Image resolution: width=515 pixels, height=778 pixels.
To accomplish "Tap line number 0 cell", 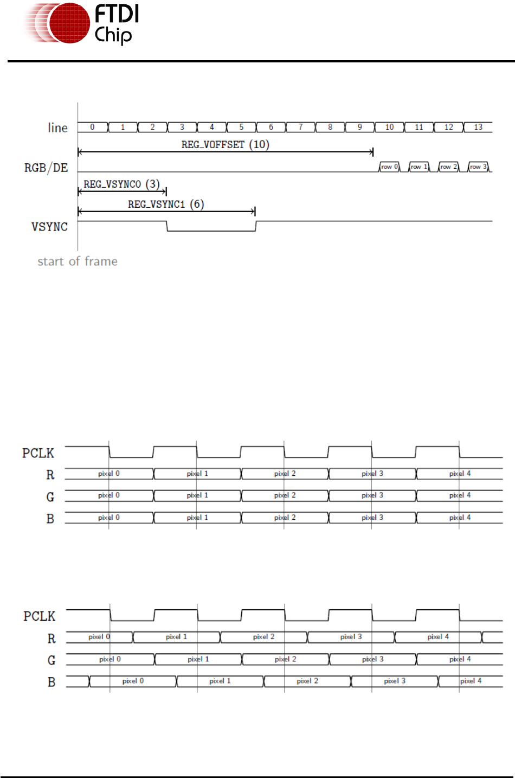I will [92, 127].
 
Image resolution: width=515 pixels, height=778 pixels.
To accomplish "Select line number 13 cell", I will [478, 127].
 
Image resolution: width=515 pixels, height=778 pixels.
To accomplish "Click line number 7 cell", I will [300, 127].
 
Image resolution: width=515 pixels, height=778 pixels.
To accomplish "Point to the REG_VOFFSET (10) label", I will [225, 144].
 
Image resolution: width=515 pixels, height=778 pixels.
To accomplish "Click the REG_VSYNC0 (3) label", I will [121, 184].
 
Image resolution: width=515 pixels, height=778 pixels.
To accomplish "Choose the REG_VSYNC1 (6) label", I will [166, 204].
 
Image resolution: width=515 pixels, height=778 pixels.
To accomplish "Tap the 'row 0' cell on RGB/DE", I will [389, 167].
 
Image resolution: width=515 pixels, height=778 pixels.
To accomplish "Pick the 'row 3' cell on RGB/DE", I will [478, 167].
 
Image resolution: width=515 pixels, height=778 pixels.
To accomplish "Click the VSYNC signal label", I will [49, 227].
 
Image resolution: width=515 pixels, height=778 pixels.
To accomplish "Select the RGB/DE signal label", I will [46, 168].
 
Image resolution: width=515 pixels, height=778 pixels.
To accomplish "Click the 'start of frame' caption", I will [78, 262].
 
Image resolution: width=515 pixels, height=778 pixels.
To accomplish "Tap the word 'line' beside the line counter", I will [57, 127].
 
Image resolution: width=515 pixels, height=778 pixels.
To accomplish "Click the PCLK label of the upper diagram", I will [38, 453].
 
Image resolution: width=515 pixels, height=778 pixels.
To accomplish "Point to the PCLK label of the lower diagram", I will [39, 616].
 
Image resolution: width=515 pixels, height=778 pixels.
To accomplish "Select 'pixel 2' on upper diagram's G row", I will [285, 495].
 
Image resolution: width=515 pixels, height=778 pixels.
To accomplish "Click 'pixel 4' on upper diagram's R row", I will [460, 474].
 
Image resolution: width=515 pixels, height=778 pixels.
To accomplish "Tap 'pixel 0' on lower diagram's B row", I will [133, 681].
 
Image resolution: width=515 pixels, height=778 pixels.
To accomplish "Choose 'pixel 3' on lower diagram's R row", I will [351, 637].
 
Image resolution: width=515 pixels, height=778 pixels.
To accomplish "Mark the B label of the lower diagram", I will [51, 682].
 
